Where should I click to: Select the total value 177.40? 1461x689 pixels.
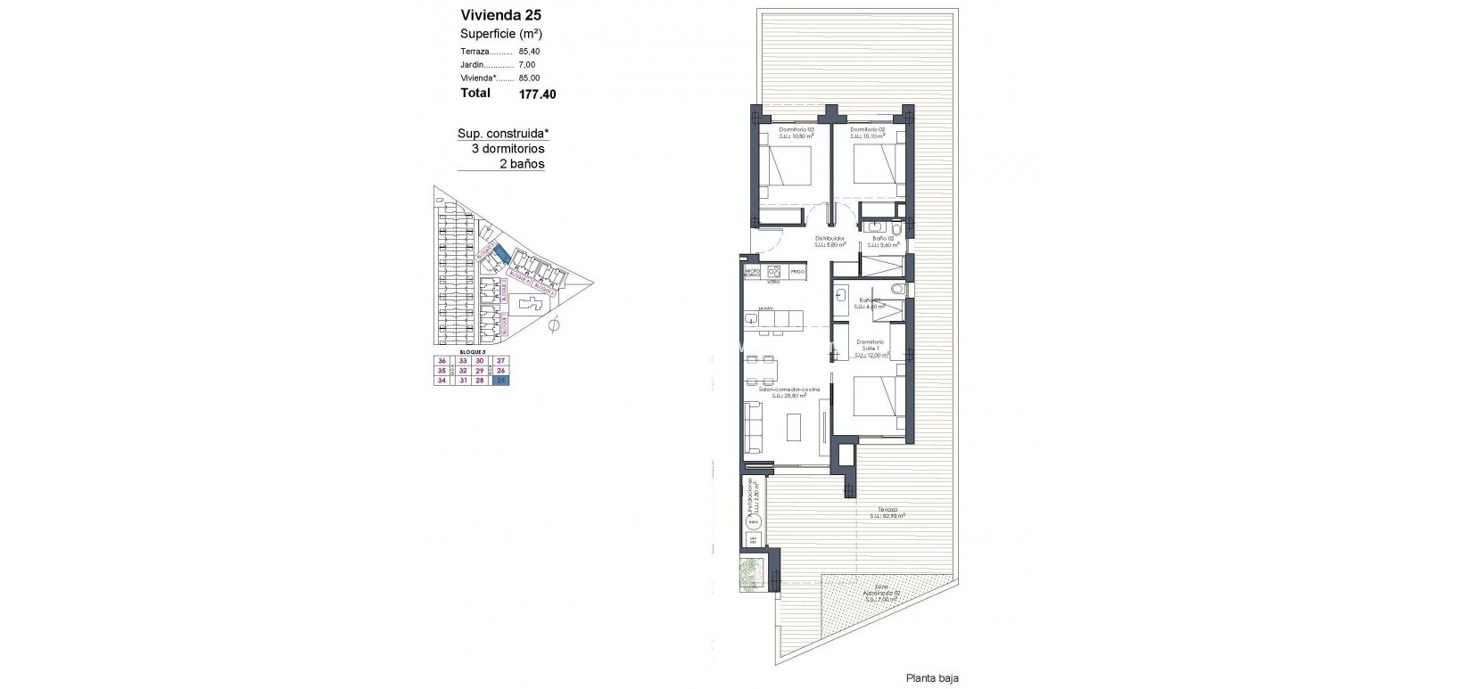(537, 93)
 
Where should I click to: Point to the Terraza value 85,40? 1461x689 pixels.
(530, 51)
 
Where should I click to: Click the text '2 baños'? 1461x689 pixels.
(522, 164)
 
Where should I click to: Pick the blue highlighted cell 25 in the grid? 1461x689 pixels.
(501, 381)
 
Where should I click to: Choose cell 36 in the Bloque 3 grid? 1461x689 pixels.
(441, 361)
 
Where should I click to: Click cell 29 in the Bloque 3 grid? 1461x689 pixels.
(479, 371)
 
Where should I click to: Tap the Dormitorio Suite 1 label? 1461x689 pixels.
(871, 348)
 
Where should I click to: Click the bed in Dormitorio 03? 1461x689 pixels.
(788, 167)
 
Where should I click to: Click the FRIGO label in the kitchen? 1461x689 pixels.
(797, 270)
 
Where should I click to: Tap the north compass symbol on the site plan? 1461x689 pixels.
(554, 326)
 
